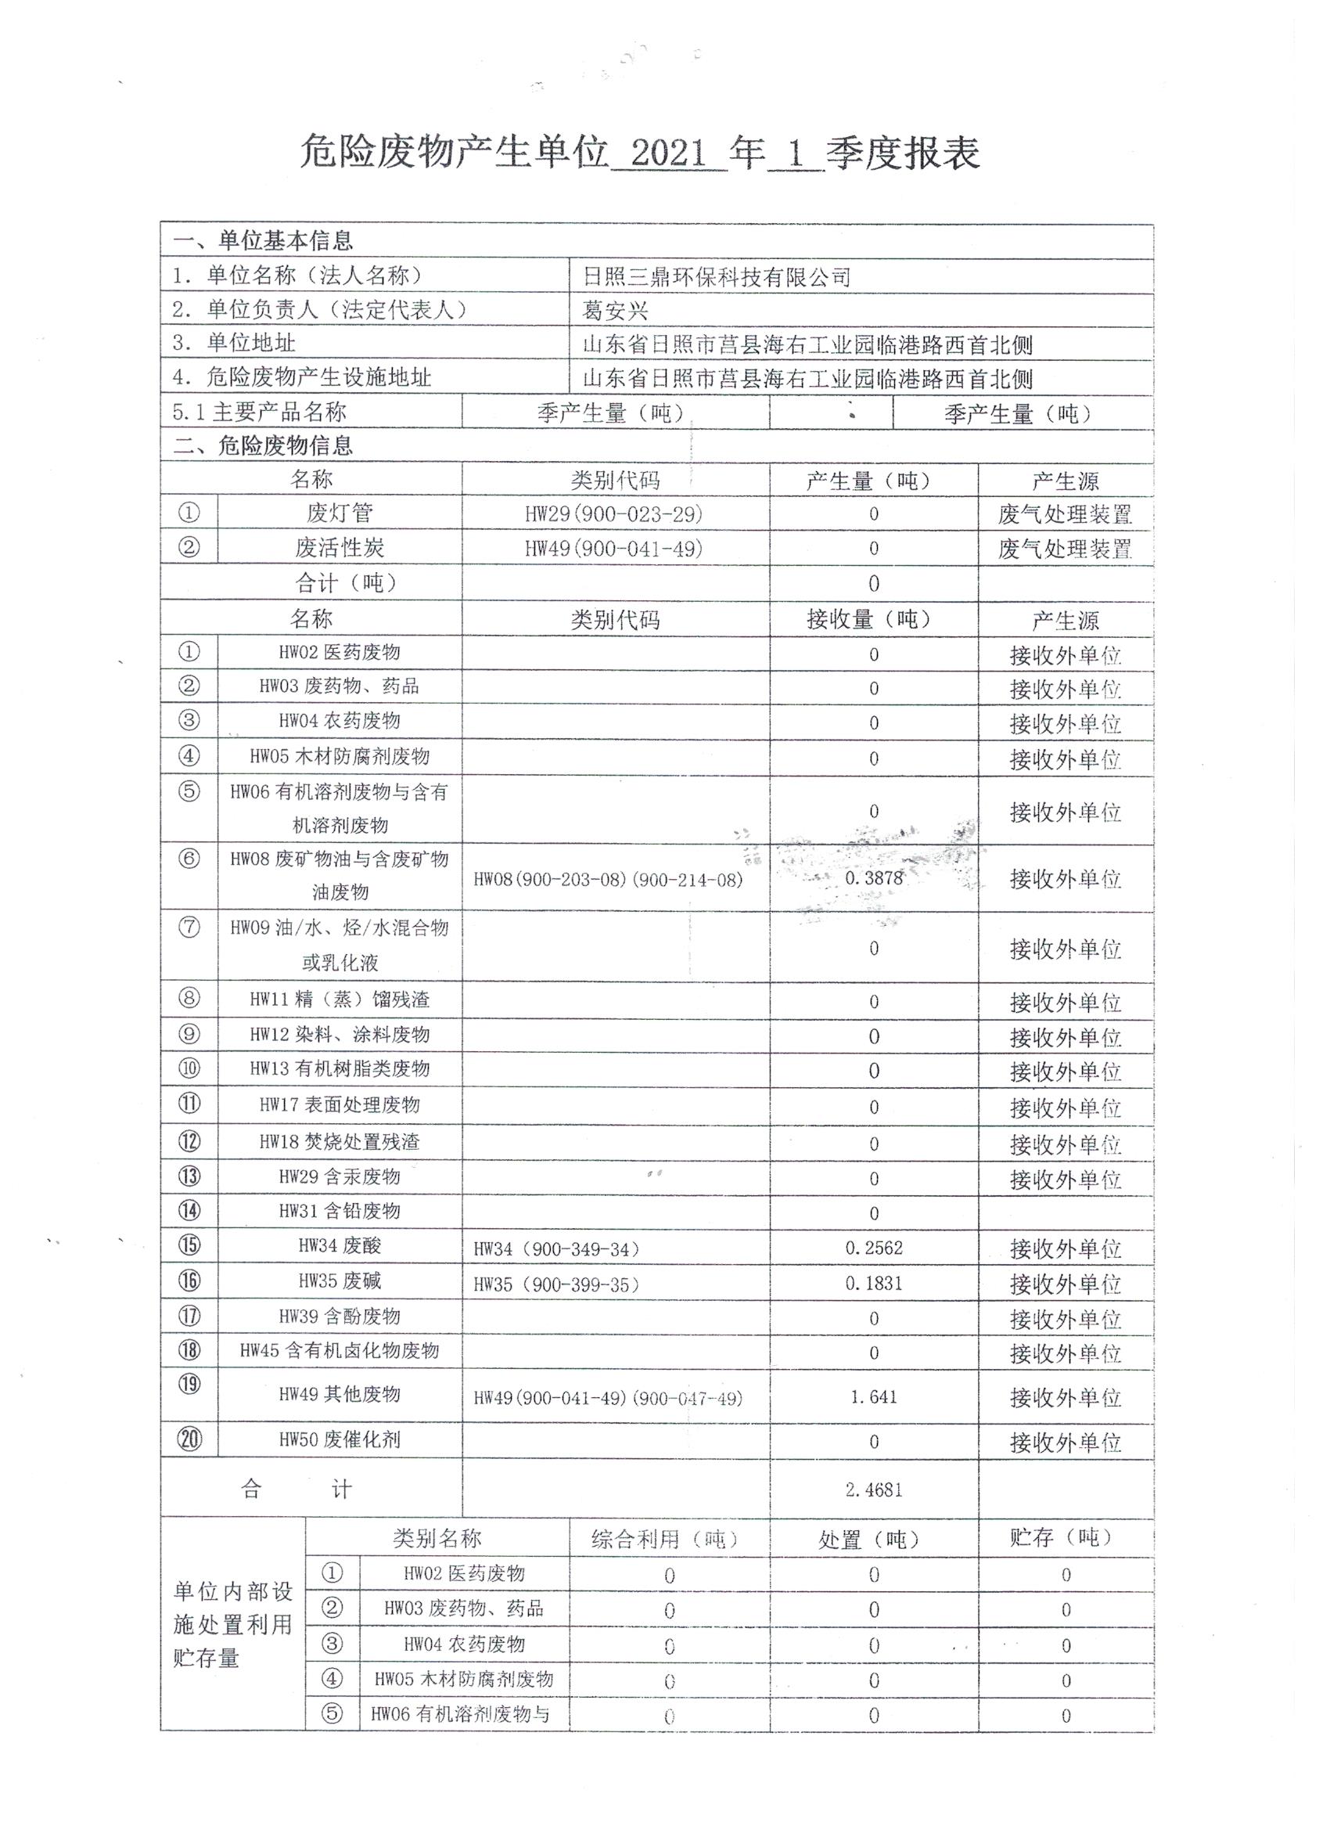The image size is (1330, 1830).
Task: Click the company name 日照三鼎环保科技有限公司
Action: point(716,278)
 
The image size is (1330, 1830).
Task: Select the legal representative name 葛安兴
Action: point(616,312)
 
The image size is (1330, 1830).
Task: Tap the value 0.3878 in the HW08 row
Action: point(873,878)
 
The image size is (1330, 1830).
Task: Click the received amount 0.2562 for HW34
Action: point(873,1248)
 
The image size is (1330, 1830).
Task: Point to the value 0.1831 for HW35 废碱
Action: point(873,1284)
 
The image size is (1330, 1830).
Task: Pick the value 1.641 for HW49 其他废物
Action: point(873,1396)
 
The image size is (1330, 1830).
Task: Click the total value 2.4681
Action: point(873,1490)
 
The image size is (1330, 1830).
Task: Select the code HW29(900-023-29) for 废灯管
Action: point(614,514)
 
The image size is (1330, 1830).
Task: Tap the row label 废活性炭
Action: point(340,549)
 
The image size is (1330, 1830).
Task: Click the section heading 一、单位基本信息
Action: point(263,240)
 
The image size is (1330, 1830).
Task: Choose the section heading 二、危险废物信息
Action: point(263,445)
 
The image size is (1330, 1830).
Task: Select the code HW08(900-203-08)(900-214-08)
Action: point(607,880)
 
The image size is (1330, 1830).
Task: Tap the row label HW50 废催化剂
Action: point(340,1439)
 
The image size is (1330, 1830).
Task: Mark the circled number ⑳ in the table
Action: point(189,1439)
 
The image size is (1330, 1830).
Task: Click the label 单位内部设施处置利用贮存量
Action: point(232,1624)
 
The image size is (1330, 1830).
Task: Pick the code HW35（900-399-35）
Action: point(556,1284)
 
